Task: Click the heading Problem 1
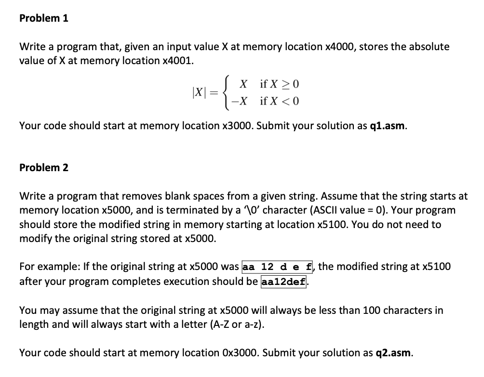point(44,18)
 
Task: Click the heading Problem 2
point(44,167)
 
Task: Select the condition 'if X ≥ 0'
point(280,84)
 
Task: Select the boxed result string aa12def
point(283,281)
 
